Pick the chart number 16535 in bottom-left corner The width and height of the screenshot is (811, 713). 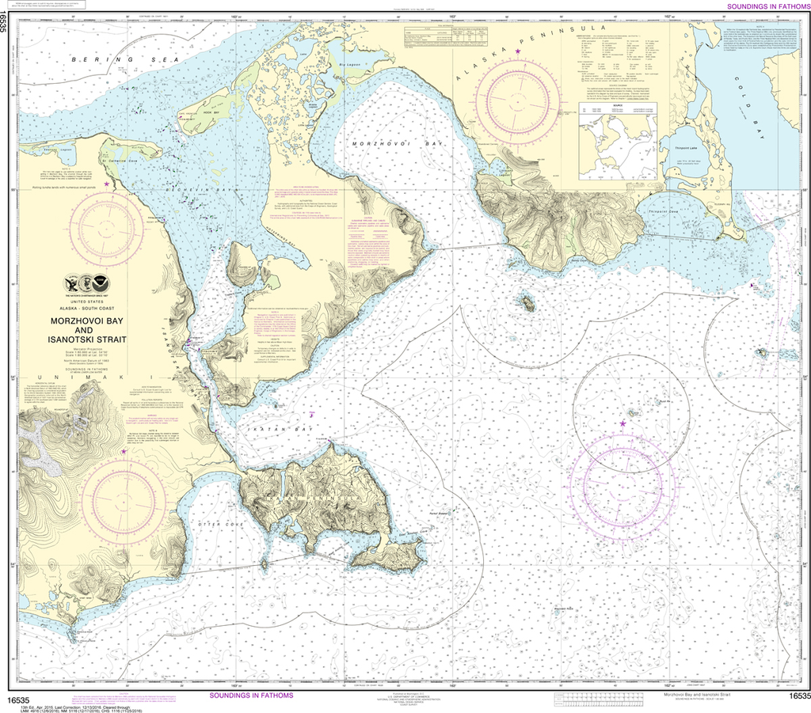(17, 700)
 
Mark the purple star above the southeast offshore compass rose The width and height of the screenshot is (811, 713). (623, 424)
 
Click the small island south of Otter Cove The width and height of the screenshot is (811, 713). (263, 542)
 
